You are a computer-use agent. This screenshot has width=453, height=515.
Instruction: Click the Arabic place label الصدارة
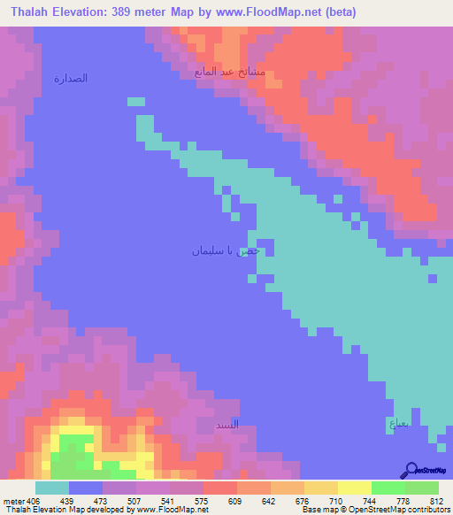point(71,79)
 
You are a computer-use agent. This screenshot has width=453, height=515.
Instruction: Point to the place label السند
point(227,425)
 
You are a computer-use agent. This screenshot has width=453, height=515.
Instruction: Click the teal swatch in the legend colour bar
point(51,488)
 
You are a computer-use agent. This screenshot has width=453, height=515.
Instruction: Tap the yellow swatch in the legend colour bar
point(354,488)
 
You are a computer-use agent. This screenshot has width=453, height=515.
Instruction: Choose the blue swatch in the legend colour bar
point(85,488)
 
